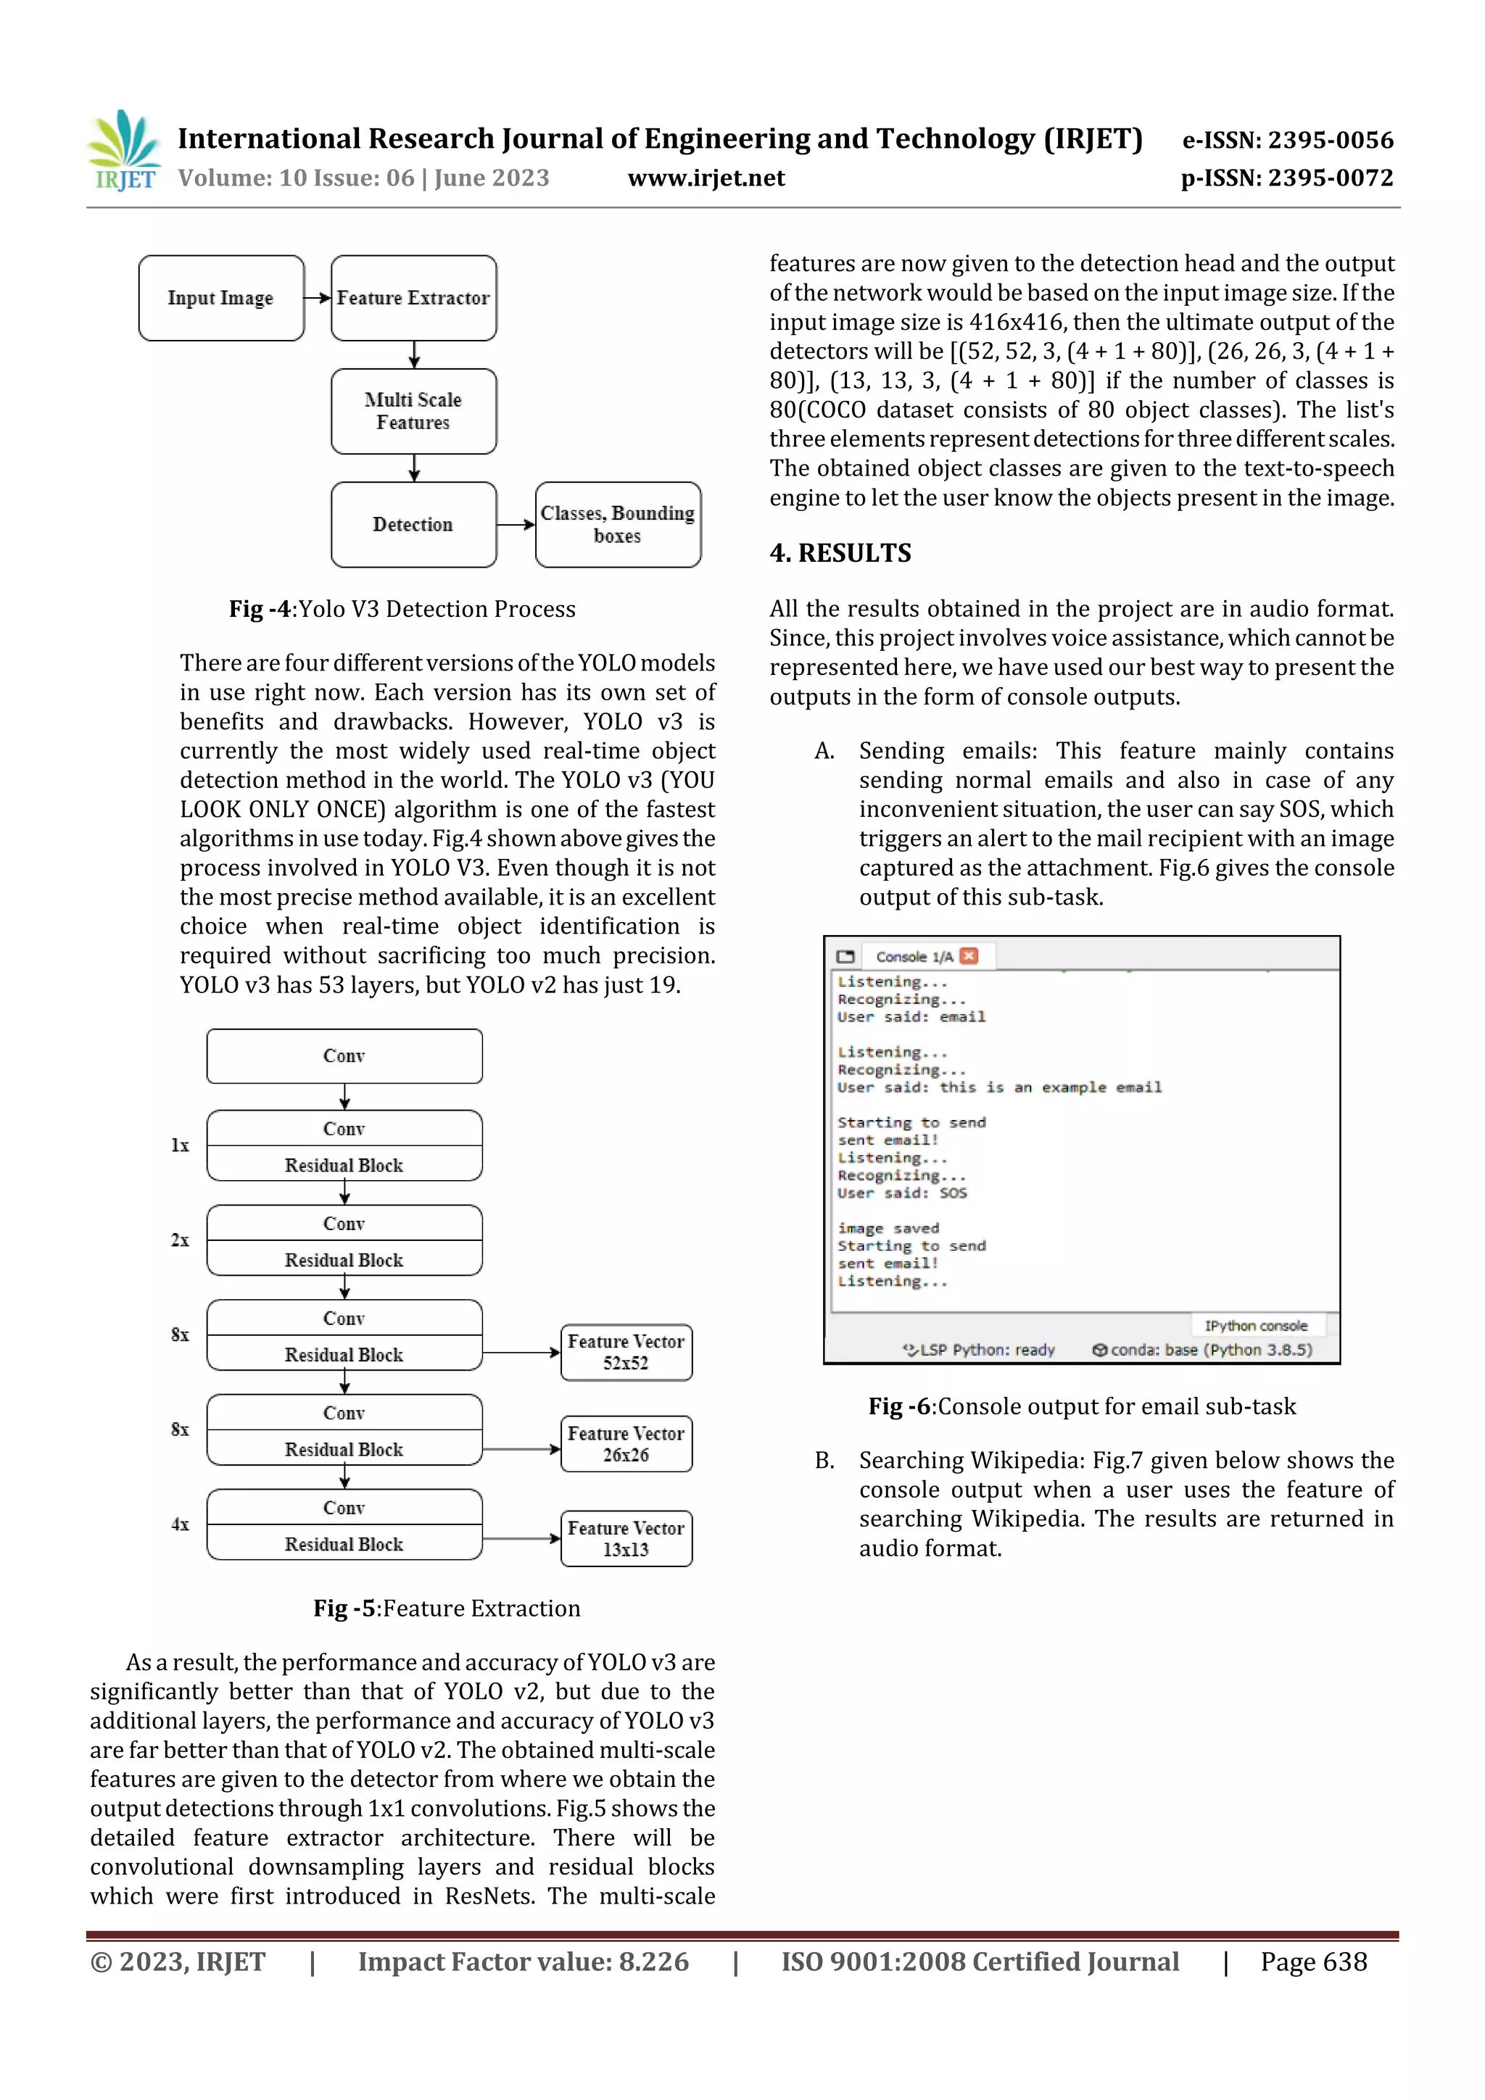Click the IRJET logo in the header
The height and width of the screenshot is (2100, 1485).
(123, 151)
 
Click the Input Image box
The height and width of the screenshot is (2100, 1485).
(220, 298)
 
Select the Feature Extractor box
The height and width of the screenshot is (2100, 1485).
(413, 298)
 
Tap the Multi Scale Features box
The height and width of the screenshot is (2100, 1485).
(413, 412)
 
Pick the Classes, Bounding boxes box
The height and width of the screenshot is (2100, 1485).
(618, 525)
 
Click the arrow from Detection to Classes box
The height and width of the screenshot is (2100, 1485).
(515, 525)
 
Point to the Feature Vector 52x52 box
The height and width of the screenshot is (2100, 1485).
(626, 1352)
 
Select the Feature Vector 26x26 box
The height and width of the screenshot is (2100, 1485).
(626, 1444)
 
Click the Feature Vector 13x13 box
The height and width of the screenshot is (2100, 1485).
(626, 1538)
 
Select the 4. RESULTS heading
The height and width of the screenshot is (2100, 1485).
(840, 553)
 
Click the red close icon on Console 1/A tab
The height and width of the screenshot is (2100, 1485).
(969, 956)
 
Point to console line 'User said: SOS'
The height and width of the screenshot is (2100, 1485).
(901, 1192)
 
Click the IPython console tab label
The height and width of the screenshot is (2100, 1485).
(1255, 1325)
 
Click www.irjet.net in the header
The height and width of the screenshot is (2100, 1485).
(706, 178)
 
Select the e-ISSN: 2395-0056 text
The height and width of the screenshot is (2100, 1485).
(1287, 140)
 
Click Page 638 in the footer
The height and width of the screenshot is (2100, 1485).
(1313, 1962)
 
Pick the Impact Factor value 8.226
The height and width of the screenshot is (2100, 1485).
(524, 1962)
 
